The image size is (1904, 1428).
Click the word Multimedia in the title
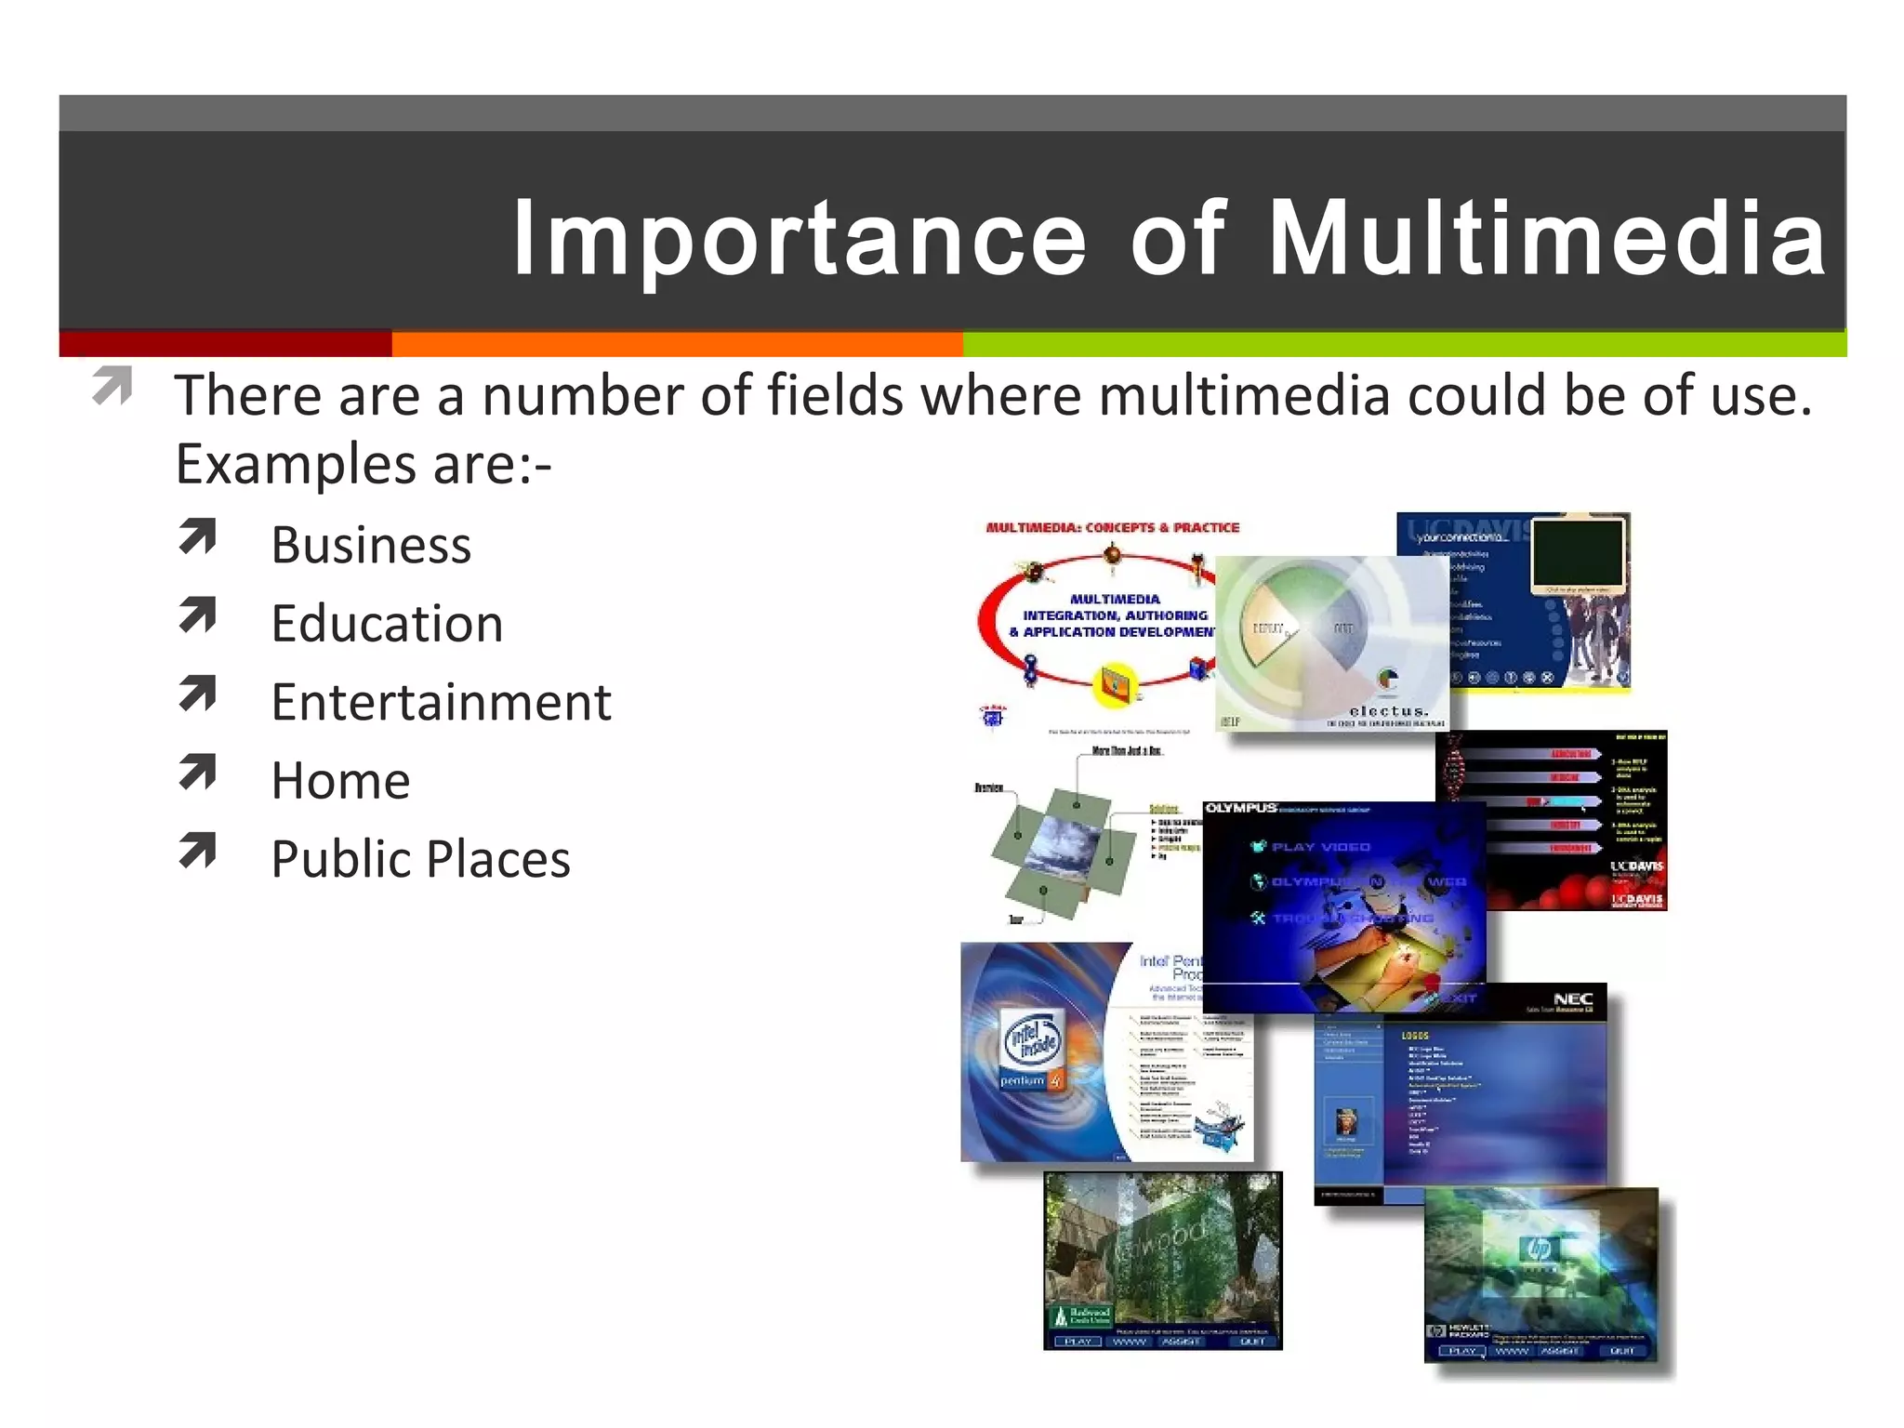tap(1547, 239)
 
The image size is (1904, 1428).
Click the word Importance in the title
tap(799, 239)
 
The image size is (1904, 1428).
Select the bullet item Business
tap(371, 545)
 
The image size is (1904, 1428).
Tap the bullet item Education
tap(387, 623)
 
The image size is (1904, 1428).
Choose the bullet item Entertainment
tap(441, 702)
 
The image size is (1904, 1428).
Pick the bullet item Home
tap(340, 780)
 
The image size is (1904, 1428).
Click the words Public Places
tap(420, 859)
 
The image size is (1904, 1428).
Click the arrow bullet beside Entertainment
tap(197, 694)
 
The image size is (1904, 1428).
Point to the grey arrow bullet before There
tap(112, 387)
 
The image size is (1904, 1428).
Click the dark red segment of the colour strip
tap(225, 344)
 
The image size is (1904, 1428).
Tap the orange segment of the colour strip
tap(677, 344)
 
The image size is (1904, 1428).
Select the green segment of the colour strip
tap(1404, 344)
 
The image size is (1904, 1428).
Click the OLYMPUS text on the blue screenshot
tap(1240, 809)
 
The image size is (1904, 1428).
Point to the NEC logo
tap(1573, 998)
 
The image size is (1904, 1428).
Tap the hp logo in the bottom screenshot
tap(1539, 1249)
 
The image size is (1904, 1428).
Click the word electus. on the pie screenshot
tap(1388, 710)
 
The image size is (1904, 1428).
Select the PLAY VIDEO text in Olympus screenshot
tap(1320, 847)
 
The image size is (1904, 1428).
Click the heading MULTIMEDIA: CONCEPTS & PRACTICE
tap(1112, 527)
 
